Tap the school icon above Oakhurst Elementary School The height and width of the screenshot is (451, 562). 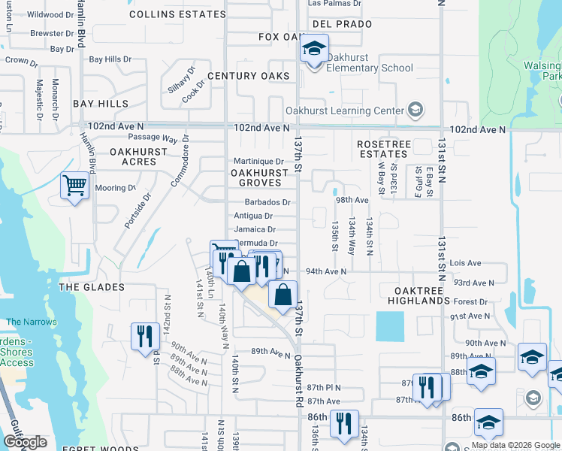(x=313, y=51)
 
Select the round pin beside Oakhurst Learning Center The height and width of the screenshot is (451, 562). (x=415, y=110)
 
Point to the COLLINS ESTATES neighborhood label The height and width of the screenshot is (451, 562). (x=177, y=14)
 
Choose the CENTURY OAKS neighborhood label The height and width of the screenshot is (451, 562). (x=249, y=77)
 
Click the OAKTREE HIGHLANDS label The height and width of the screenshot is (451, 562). (x=418, y=295)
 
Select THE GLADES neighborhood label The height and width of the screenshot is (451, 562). (x=92, y=287)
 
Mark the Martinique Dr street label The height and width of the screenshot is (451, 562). (x=258, y=161)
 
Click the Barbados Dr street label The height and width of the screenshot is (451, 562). (x=267, y=202)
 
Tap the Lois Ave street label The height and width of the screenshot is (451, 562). (x=466, y=264)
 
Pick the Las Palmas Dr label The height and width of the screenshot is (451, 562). (x=335, y=4)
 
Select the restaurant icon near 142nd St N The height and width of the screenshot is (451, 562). (x=144, y=336)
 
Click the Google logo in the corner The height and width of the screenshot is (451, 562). (x=25, y=443)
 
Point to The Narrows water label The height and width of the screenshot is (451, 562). (x=31, y=322)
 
